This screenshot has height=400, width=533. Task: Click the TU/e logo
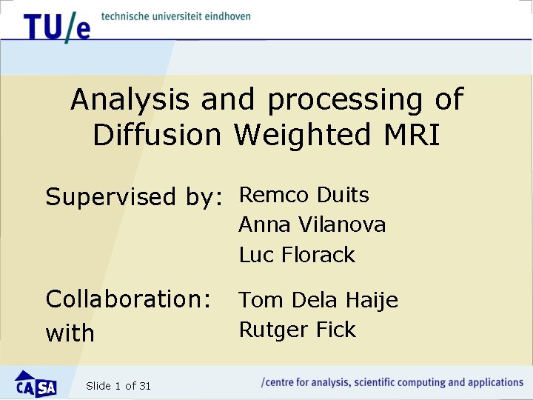coord(56,27)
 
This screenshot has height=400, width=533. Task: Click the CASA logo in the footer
coord(36,384)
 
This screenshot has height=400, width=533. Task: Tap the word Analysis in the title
coord(130,99)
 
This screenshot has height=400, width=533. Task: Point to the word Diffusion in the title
coord(157,135)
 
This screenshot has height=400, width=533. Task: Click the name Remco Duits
coord(304,195)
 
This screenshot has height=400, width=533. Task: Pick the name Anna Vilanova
coord(312,224)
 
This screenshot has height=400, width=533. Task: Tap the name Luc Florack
coord(297,255)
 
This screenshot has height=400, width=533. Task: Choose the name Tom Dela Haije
coord(318,300)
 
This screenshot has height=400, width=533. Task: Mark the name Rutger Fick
coord(297,330)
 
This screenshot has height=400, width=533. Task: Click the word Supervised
coord(109,197)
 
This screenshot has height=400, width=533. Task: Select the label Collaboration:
coord(128,299)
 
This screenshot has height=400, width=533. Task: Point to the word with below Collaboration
coord(70,333)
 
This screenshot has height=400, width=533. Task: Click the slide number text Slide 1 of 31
coord(118,385)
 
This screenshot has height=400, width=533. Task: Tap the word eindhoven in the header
coord(225,16)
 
